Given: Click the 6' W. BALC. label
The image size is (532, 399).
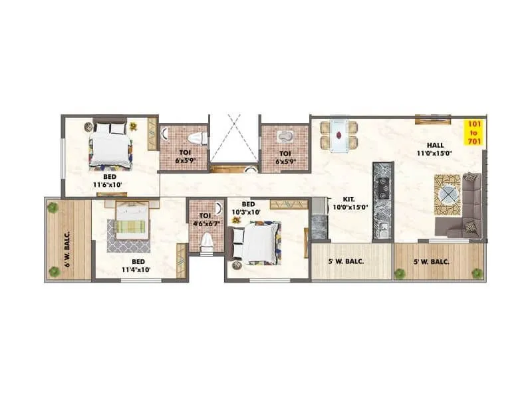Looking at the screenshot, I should pyautogui.click(x=67, y=238).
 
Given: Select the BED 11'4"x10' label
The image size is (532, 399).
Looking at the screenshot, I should pyautogui.click(x=137, y=266).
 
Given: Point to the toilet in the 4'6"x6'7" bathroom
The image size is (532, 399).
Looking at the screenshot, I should pyautogui.click(x=205, y=241).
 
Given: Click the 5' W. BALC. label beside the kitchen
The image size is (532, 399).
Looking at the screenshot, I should pyautogui.click(x=346, y=262).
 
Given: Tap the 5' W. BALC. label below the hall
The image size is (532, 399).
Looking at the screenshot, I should pyautogui.click(x=431, y=262).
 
